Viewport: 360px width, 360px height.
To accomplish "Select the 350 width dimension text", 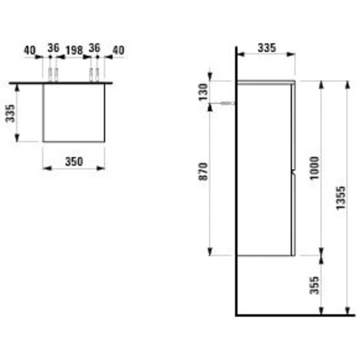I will (x=74, y=161).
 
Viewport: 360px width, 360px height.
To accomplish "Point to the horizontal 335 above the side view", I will (x=266, y=48).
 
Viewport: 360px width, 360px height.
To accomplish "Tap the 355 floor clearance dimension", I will (x=315, y=285).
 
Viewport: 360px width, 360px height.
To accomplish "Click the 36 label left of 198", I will (x=53, y=48).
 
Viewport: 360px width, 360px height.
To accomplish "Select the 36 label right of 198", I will (x=94, y=48).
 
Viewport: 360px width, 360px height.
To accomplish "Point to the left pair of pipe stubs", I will (x=53, y=75).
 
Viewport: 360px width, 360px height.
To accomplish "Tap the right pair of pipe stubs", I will (x=94, y=75).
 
